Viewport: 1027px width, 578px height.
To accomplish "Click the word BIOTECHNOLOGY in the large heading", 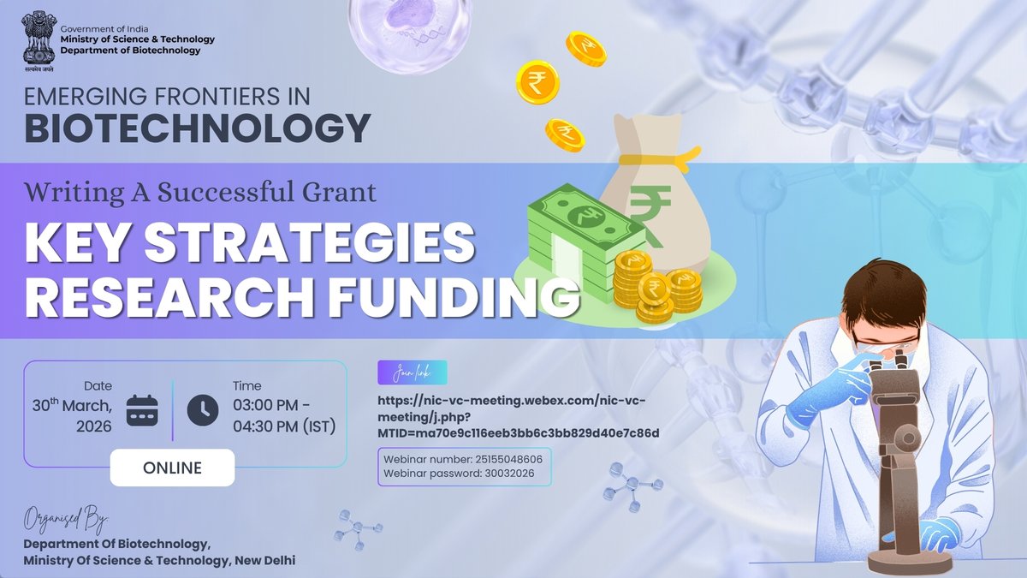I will pos(198,128).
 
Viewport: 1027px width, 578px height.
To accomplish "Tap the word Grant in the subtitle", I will pos(335,192).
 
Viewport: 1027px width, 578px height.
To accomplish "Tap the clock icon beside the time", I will pos(203,410).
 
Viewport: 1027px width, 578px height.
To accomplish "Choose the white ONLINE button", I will pos(172,468).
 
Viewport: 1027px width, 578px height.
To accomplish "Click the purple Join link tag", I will pos(412,373).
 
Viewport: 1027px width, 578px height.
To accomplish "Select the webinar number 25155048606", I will pos(504,459).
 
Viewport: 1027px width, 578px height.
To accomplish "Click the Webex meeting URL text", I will pos(518,416).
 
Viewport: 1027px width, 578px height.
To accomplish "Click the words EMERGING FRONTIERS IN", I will pos(167,94).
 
